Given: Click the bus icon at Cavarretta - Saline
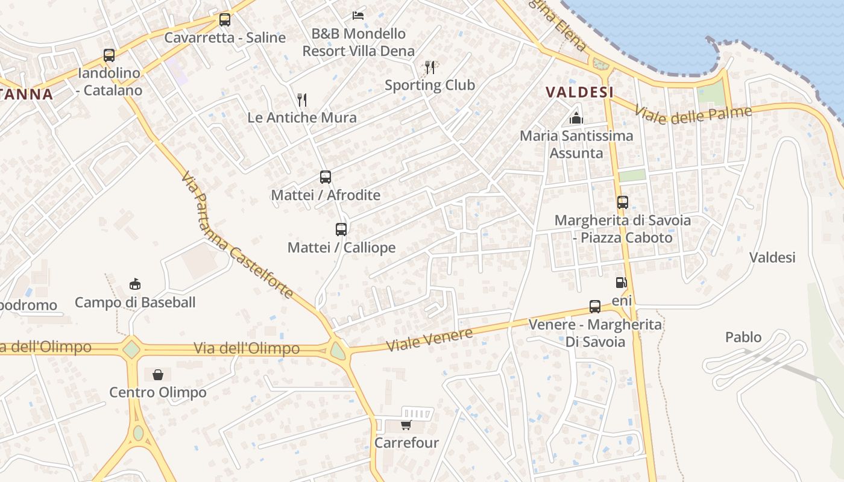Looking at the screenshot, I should click(x=225, y=20).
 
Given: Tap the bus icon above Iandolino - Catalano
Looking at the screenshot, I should click(x=109, y=55).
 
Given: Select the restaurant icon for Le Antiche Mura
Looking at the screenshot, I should click(x=302, y=100).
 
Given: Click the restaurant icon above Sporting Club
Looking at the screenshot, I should click(x=430, y=67).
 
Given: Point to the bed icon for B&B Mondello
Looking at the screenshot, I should click(x=358, y=15).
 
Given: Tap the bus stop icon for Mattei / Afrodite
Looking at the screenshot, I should click(x=326, y=177).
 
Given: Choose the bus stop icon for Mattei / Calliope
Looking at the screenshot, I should click(x=341, y=230).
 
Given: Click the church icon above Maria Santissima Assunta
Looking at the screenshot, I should click(x=576, y=118).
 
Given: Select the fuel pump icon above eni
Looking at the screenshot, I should click(x=621, y=283).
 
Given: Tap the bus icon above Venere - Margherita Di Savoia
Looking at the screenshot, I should click(x=595, y=307).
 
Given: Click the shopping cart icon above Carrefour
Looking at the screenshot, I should click(x=406, y=425).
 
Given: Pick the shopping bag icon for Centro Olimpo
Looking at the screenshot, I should click(x=158, y=375).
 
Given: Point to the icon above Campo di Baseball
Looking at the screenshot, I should click(x=135, y=284).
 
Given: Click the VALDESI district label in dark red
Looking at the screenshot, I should click(x=579, y=92).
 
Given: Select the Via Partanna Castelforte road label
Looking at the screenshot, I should click(x=237, y=236).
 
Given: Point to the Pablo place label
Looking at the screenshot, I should click(x=743, y=337).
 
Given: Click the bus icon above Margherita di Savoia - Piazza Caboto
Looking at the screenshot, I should click(x=623, y=202).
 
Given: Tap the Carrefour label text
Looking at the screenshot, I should click(x=406, y=443).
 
